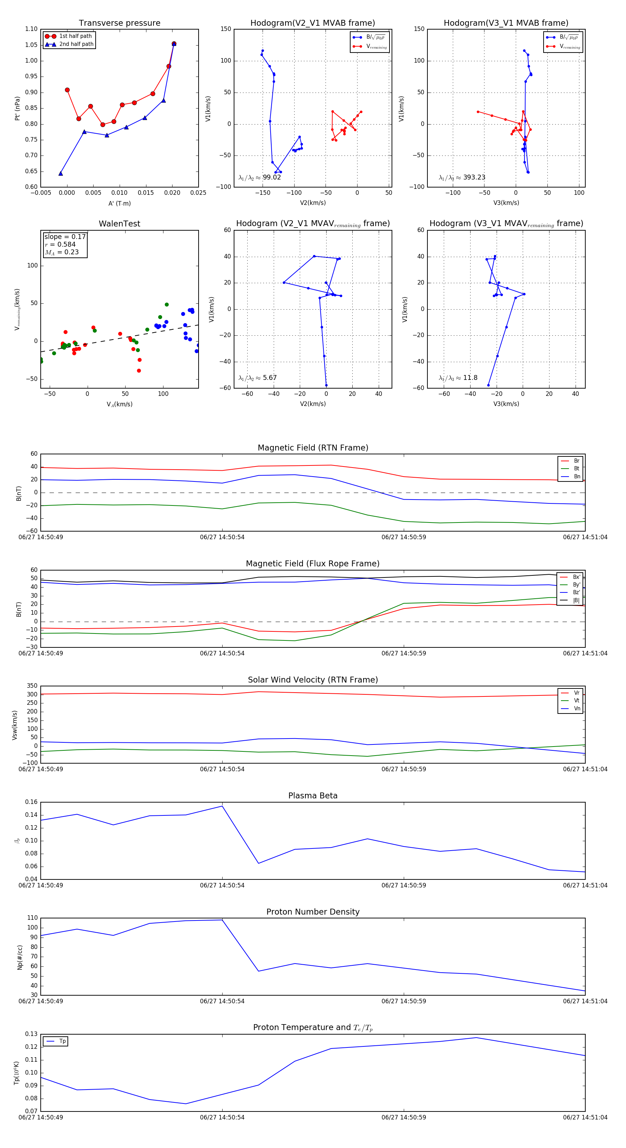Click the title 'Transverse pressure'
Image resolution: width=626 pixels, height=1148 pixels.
coord(119,23)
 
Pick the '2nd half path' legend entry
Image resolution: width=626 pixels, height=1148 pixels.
coord(76,44)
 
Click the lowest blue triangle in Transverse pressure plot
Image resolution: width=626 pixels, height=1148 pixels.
coord(61,173)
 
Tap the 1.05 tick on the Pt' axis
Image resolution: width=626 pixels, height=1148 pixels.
coord(31,45)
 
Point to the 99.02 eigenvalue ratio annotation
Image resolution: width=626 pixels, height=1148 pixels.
coord(271,177)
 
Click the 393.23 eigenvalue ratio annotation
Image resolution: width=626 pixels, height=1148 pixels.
coord(474,177)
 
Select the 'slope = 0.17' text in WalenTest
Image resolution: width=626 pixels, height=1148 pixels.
coord(65,237)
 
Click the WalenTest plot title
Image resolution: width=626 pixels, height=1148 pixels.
coord(119,224)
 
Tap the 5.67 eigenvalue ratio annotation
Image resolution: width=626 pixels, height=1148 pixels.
coord(270,378)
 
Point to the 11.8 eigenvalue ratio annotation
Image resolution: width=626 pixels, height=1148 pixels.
coord(470,378)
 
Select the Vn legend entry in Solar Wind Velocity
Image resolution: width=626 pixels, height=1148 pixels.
coord(577,709)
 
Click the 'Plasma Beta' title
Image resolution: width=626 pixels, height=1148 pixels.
coord(313,796)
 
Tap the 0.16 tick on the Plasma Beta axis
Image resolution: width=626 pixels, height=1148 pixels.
coord(31,802)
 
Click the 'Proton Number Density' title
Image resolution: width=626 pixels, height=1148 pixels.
coord(313,912)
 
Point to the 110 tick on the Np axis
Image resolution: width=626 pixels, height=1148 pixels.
coord(33,918)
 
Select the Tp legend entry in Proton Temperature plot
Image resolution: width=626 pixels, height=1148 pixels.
coord(62,1042)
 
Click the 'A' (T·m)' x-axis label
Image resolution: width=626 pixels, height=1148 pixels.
coord(119,203)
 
